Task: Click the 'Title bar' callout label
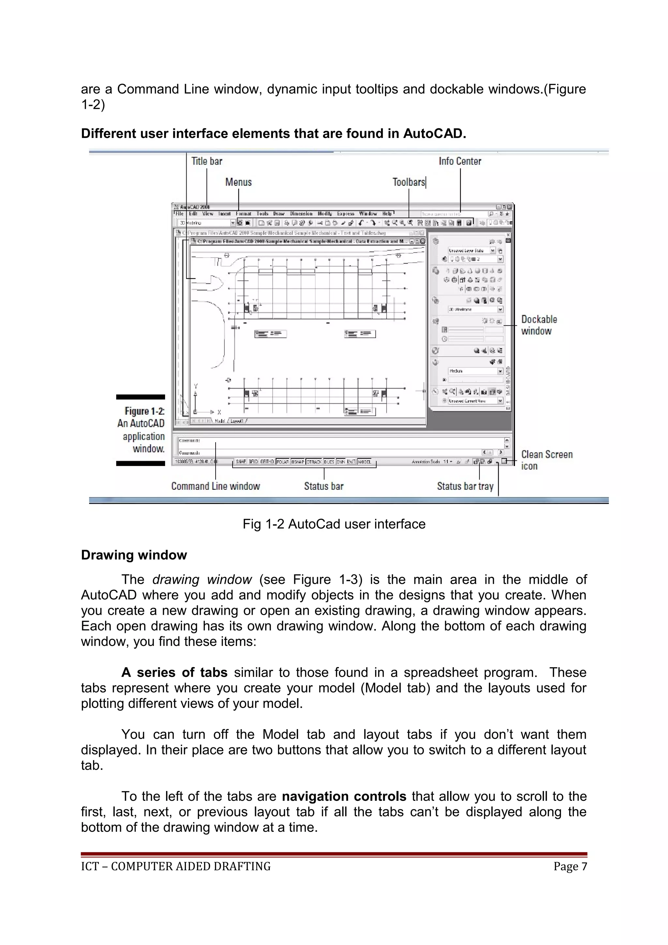click(206, 161)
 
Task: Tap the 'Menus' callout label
click(238, 182)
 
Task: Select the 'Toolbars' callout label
click(408, 182)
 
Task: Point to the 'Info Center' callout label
click(460, 161)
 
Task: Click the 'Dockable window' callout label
click(539, 325)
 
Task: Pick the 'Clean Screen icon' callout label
click(547, 460)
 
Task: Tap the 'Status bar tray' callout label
click(465, 486)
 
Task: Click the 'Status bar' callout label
click(324, 486)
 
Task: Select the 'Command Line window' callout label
click(216, 486)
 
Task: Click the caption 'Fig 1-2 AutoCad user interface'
click(334, 524)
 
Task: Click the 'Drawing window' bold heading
click(134, 555)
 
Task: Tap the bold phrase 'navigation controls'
click(344, 796)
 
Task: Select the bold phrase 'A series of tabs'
click(174, 672)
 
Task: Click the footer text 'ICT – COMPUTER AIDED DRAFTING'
click(176, 866)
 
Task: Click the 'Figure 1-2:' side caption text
click(144, 411)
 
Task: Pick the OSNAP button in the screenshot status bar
click(297, 462)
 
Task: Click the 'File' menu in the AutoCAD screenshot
click(179, 214)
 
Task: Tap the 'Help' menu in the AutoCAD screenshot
click(387, 214)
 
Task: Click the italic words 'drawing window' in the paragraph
click(202, 579)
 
